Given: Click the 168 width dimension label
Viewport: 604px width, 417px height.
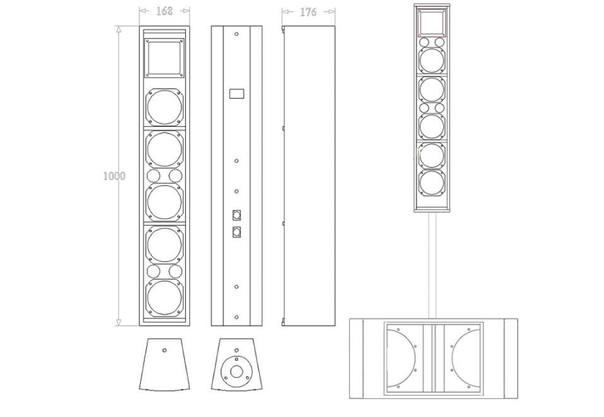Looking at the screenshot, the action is point(164,11).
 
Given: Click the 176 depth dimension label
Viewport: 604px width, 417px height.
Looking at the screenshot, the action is point(308,12).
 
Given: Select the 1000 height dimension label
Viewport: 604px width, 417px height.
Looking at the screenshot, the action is point(114,176).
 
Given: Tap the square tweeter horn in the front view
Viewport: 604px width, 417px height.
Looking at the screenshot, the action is point(164,58).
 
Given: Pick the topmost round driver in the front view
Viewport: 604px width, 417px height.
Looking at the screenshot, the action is point(164,106).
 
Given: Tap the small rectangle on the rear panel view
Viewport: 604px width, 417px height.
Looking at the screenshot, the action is point(236,93).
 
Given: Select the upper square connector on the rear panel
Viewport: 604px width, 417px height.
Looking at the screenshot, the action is point(236,215).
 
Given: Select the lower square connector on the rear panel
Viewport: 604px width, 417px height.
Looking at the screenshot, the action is point(236,232).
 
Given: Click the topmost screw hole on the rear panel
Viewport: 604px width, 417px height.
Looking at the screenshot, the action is point(236,34).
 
